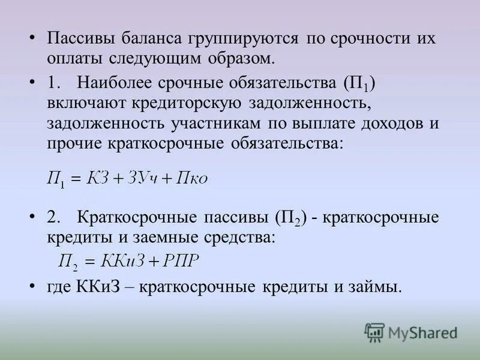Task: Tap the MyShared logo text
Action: [423, 332]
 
